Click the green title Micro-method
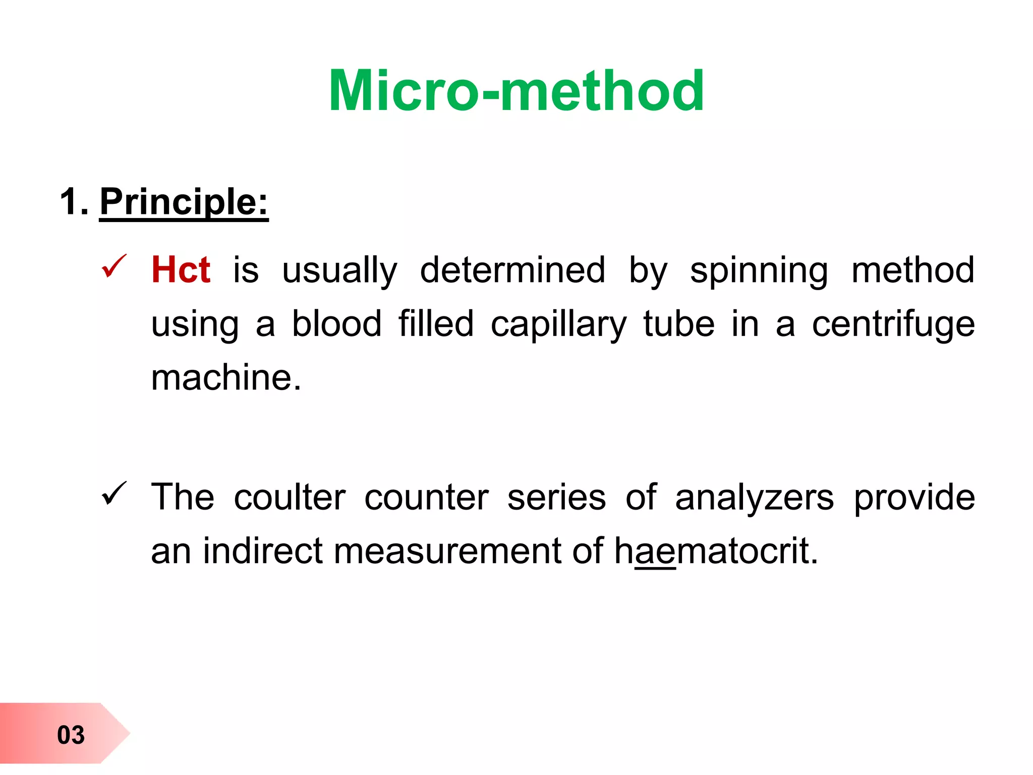point(516,91)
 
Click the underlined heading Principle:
point(184,202)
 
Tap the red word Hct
point(181,270)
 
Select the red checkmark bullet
point(114,266)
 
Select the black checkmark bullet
point(114,493)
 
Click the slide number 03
point(71,735)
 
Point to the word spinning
point(759,271)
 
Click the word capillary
point(558,324)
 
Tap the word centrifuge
point(893,324)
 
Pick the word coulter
point(290,497)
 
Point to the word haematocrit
point(716,550)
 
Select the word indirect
point(262,550)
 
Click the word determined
point(512,270)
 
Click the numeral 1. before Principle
point(74,202)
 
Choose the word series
point(556,497)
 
